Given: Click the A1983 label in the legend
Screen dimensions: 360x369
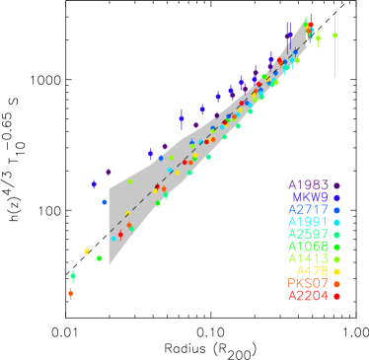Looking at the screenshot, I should point(309,184).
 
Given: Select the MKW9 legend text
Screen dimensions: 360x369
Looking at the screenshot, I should point(312,197).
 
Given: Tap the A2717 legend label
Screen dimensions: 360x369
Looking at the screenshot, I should point(309,209).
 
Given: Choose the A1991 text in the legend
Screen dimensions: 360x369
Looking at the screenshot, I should point(309,222).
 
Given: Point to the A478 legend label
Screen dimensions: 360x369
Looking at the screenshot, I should point(313,270).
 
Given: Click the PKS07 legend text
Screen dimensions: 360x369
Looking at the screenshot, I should point(309,283).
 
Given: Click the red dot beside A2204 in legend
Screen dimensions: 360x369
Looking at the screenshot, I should point(337,296).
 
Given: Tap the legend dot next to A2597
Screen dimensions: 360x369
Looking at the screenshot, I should point(337,235).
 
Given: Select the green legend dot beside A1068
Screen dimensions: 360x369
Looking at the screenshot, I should point(337,247).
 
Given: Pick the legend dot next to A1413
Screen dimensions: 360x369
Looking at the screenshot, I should point(337,258).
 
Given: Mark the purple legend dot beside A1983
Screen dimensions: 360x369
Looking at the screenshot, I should point(337,185).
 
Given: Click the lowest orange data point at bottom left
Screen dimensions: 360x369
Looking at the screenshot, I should point(71,293).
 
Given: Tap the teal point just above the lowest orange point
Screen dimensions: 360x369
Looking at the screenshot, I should point(73,276).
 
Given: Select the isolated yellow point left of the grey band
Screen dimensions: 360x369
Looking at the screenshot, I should point(87,252).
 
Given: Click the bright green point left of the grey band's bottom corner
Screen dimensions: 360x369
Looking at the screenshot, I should point(100,257).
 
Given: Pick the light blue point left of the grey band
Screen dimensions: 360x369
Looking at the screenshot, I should point(104,201).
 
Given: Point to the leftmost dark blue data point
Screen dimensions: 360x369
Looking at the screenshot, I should point(94,183).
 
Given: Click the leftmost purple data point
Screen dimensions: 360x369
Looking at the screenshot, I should point(109,172).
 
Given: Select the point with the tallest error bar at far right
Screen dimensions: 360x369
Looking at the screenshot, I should point(334,36).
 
